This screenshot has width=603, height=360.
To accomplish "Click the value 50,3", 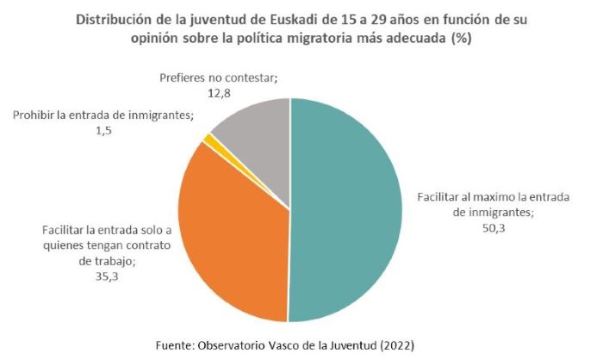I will (494, 228).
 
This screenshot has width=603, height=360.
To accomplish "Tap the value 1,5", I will (103, 130).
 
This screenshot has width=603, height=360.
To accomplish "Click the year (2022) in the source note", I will (391, 344).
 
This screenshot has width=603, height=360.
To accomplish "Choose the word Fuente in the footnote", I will (176, 344).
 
